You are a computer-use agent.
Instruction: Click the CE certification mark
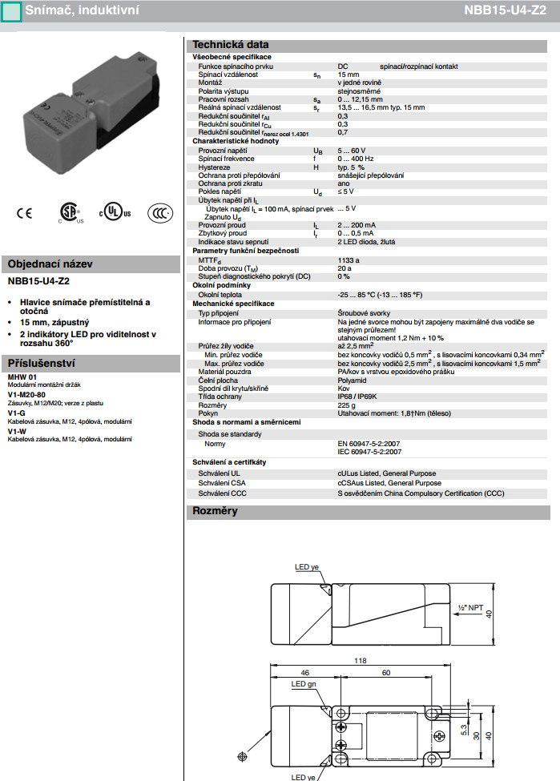(25, 213)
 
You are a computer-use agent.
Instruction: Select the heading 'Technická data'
(229, 45)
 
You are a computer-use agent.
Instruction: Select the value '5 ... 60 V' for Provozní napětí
(351, 151)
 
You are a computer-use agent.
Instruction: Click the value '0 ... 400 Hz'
(354, 159)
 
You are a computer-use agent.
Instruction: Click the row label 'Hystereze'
(214, 167)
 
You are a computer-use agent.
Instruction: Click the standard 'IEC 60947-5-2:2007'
(369, 452)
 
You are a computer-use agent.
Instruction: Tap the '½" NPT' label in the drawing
(468, 607)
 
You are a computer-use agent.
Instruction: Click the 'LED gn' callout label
(303, 684)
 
